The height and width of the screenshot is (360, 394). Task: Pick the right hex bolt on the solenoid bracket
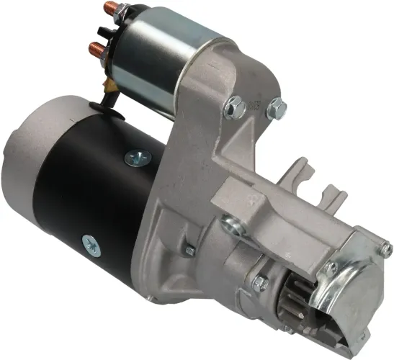click(275, 110)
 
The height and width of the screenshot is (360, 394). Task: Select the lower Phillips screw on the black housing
click(91, 243)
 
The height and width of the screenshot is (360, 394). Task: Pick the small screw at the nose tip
click(387, 250)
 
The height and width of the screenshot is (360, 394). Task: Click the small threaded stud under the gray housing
click(190, 250)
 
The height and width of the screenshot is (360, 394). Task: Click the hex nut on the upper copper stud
click(123, 13)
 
